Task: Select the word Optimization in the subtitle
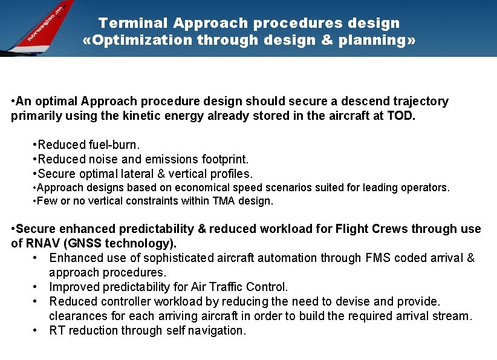(140, 41)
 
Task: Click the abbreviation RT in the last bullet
(57, 330)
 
